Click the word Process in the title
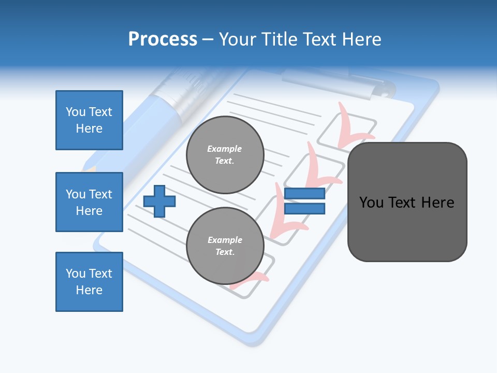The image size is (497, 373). [x=163, y=39]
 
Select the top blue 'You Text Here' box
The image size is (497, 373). [x=89, y=120]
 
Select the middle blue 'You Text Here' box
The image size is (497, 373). [x=89, y=202]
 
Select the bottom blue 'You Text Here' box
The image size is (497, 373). [x=89, y=282]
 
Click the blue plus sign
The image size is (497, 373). [x=159, y=201]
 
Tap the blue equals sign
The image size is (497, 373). [x=304, y=201]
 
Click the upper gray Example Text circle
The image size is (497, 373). [x=225, y=155]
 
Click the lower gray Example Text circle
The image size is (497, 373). [x=225, y=246]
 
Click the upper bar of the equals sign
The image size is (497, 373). [x=304, y=194]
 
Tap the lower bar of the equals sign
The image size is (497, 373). [x=304, y=209]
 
